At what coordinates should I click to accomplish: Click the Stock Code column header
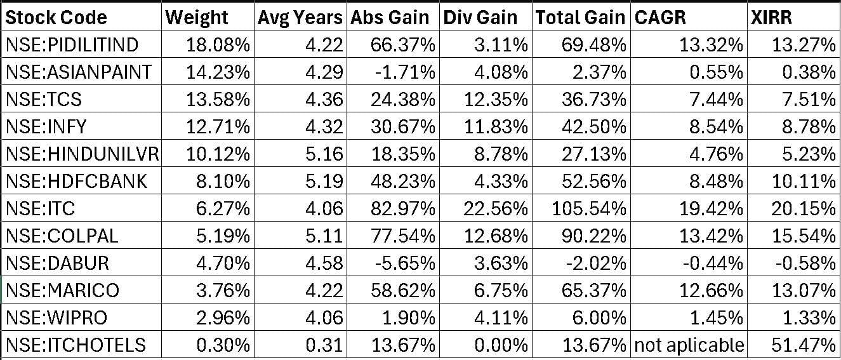pyautogui.click(x=56, y=17)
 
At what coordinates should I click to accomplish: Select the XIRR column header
pyautogui.click(x=771, y=17)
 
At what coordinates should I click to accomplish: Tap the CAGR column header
pyautogui.click(x=660, y=17)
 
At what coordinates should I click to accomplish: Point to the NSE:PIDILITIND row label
pyautogui.click(x=72, y=44)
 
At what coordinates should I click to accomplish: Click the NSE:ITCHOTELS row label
pyautogui.click(x=76, y=345)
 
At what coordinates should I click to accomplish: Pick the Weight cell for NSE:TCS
pyautogui.click(x=218, y=99)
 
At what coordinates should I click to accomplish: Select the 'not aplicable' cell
pyautogui.click(x=689, y=345)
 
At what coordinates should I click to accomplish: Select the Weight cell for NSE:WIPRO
pyautogui.click(x=218, y=317)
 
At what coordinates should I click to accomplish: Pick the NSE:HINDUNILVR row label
pyautogui.click(x=82, y=154)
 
